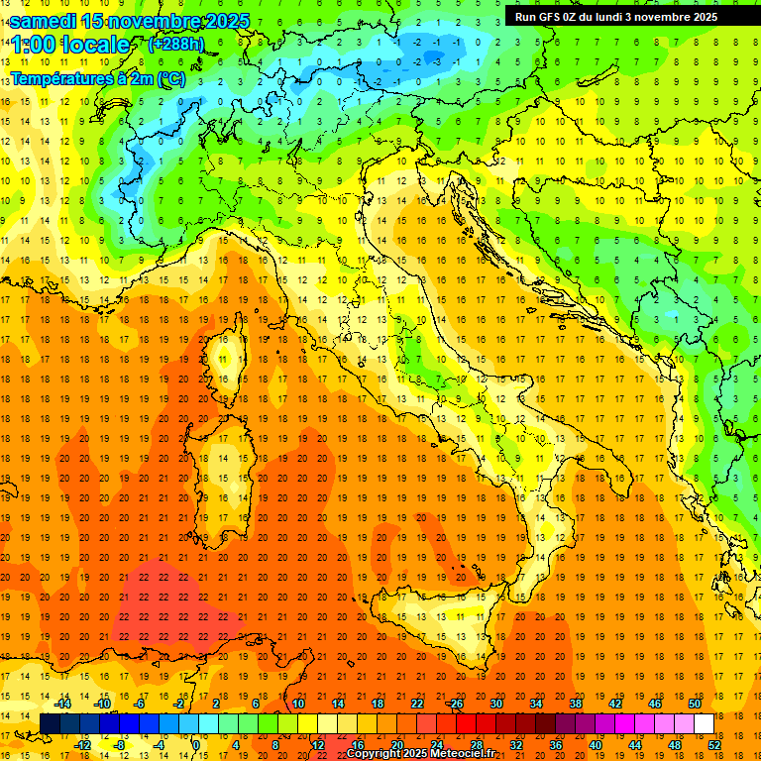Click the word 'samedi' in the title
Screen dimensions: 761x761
point(46,21)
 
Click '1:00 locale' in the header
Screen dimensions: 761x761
point(69,46)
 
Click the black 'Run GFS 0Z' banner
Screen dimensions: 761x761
point(624,17)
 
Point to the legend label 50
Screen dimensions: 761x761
point(694,704)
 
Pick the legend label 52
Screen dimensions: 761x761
point(713,745)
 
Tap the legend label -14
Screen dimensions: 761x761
point(61,704)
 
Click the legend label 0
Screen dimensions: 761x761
point(197,745)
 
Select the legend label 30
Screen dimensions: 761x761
point(495,704)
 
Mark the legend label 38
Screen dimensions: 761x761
point(575,704)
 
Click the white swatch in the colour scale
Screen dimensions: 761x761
point(704,724)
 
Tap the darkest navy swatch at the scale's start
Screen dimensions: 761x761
point(50,724)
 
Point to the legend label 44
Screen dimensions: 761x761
point(634,745)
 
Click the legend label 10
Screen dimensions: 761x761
point(297,704)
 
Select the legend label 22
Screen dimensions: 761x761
point(416,704)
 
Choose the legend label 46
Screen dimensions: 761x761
point(654,704)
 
